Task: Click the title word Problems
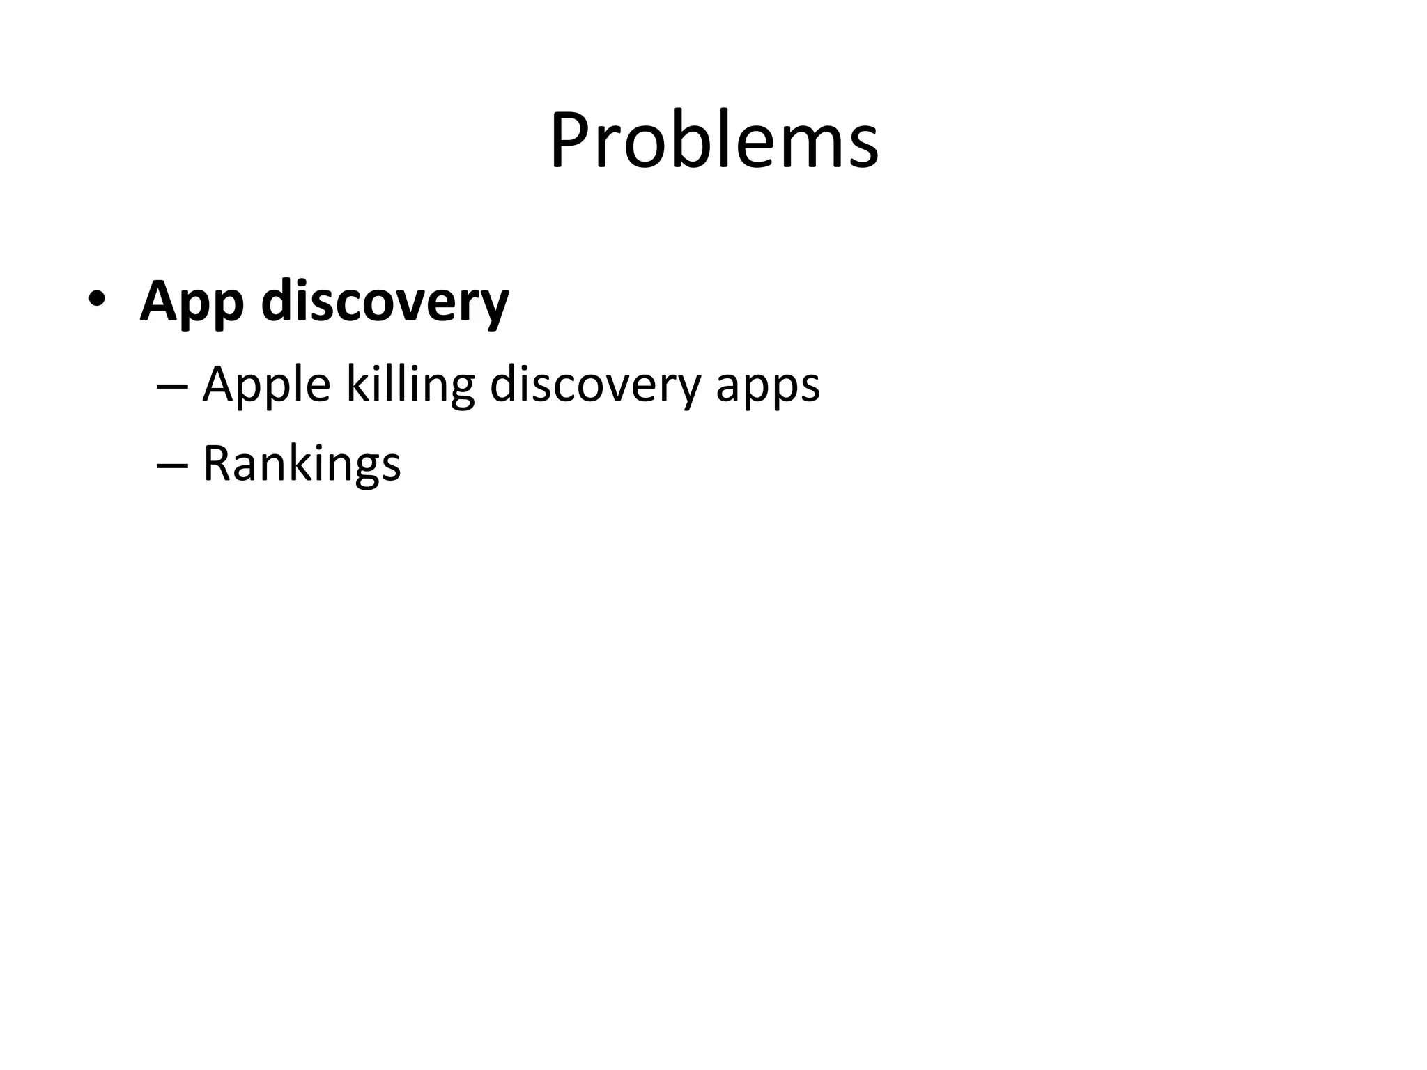coord(713,141)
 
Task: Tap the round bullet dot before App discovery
coord(96,300)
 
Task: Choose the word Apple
coord(265,385)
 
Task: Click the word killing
coord(410,385)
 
